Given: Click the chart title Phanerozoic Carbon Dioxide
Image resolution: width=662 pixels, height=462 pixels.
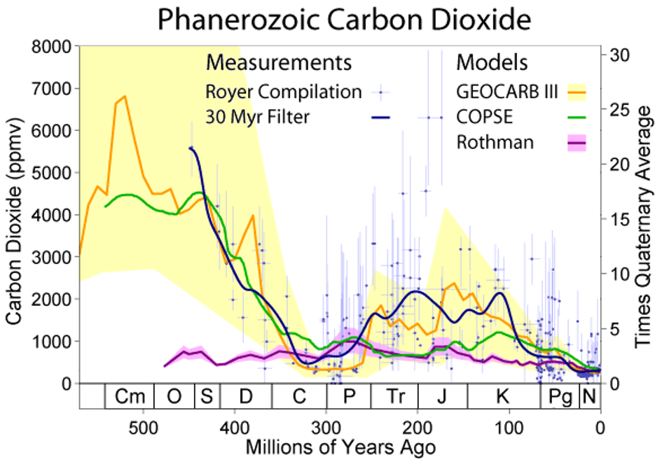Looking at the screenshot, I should (x=343, y=20).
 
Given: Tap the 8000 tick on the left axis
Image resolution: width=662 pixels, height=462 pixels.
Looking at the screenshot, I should (x=55, y=47).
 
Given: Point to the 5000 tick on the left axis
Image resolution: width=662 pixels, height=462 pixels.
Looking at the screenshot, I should (x=55, y=173).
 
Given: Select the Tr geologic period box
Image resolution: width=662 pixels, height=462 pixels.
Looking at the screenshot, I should (x=394, y=397).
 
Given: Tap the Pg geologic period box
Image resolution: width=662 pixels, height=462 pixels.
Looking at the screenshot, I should (x=560, y=397).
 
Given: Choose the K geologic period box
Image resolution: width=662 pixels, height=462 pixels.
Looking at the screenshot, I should (x=502, y=397).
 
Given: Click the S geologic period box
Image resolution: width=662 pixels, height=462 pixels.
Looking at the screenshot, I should (x=206, y=397).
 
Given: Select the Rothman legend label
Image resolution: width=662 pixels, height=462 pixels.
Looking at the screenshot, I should (x=495, y=143).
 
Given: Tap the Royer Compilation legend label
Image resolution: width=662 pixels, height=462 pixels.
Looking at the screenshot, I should (x=284, y=92).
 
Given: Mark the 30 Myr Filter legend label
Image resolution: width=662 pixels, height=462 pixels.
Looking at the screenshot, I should (x=257, y=117).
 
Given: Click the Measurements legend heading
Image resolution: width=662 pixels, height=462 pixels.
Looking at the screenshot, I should (x=279, y=63).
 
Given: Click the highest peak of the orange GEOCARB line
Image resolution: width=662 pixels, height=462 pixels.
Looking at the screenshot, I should (x=125, y=96).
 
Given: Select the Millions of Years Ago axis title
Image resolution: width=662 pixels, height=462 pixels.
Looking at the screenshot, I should (x=340, y=447).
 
